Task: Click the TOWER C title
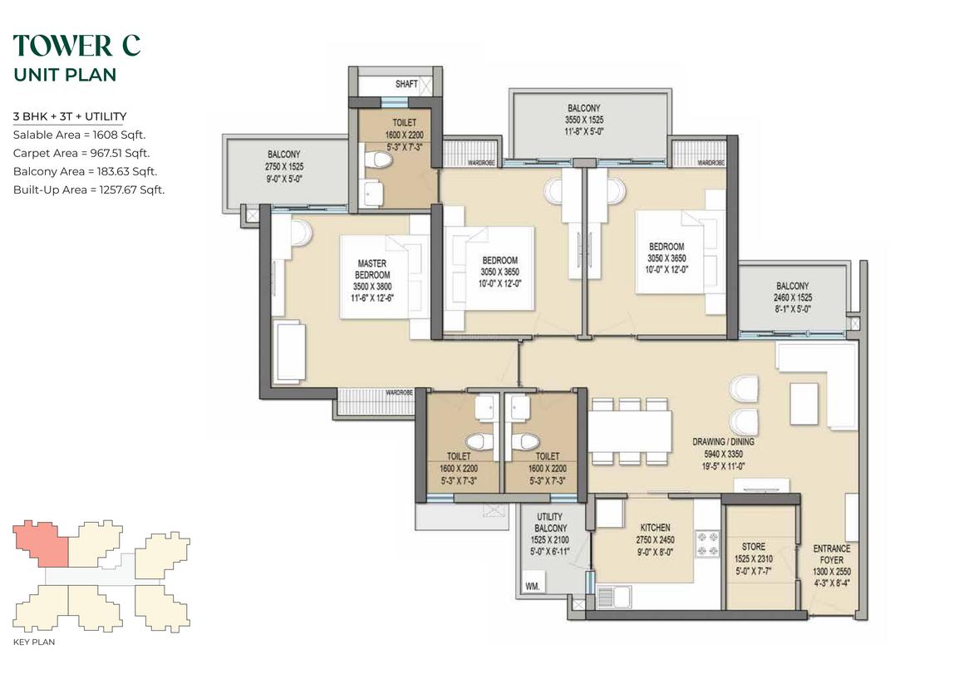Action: pyautogui.click(x=76, y=46)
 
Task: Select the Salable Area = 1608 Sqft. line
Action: pyautogui.click(x=79, y=135)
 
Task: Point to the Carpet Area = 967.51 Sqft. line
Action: pyautogui.click(x=81, y=153)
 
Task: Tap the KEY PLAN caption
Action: pyautogui.click(x=34, y=642)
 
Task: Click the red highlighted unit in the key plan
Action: pyautogui.click(x=42, y=543)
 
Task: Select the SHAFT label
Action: pyautogui.click(x=406, y=84)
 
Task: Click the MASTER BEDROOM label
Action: pyautogui.click(x=372, y=268)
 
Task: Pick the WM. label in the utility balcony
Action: pyautogui.click(x=533, y=587)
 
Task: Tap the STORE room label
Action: pyautogui.click(x=753, y=547)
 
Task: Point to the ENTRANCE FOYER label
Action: pyautogui.click(x=832, y=554)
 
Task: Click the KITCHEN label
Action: pyautogui.click(x=656, y=528)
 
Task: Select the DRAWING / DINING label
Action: pyautogui.click(x=723, y=441)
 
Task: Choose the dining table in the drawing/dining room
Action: pyautogui.click(x=630, y=431)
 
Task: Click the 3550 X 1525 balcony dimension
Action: pyautogui.click(x=584, y=120)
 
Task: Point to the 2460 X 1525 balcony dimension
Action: pyautogui.click(x=793, y=298)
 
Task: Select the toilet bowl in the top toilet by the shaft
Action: pyautogui.click(x=378, y=160)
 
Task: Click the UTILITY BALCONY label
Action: pyautogui.click(x=550, y=523)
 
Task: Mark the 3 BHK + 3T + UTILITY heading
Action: pyautogui.click(x=70, y=116)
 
